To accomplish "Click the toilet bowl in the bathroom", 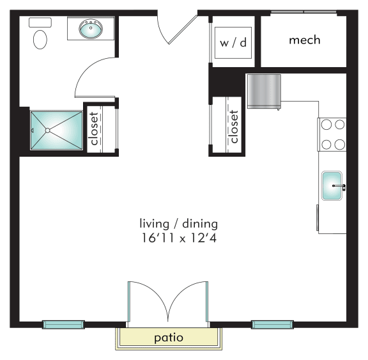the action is [40, 40].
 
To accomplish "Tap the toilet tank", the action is [40, 22].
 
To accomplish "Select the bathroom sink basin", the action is [91, 29].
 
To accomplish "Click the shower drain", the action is [47, 130].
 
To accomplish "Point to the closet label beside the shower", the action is [94, 129].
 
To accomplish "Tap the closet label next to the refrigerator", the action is [234, 127].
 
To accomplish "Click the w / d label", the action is [233, 43].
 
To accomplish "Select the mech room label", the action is [305, 40].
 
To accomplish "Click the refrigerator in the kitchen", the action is [264, 92].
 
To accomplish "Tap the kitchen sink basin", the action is [332, 185].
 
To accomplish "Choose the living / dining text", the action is [179, 224].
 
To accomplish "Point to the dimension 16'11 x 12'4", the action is [179, 238].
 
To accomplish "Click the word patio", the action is [169, 338].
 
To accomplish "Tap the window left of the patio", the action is [63, 325].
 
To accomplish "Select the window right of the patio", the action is [272, 325].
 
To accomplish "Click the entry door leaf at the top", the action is [183, 29].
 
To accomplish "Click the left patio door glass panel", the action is [129, 302].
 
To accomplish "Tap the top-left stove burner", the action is [326, 125].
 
